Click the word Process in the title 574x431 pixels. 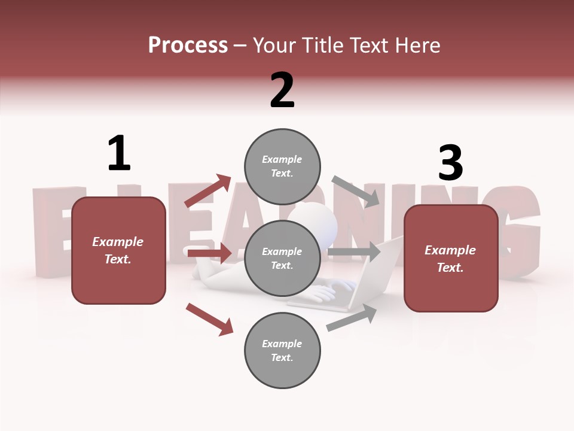[x=188, y=45]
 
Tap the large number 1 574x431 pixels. [x=118, y=153]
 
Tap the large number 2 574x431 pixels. [x=282, y=90]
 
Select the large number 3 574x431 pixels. [x=450, y=163]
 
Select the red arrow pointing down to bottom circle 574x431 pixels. [x=209, y=318]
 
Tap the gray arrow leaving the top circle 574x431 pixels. [x=356, y=191]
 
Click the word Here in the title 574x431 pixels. [x=418, y=45]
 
